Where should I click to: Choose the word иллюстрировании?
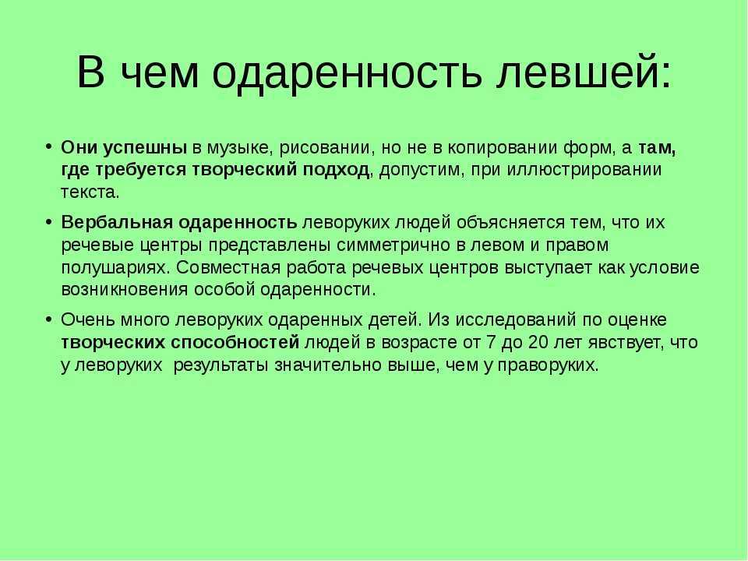coord(584,170)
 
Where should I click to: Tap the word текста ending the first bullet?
coord(90,192)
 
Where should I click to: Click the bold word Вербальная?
coord(117,223)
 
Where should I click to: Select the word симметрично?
coord(393,245)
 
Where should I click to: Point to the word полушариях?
coord(115,268)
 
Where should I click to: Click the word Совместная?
coord(228,267)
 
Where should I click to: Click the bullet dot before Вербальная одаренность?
coord(48,223)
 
